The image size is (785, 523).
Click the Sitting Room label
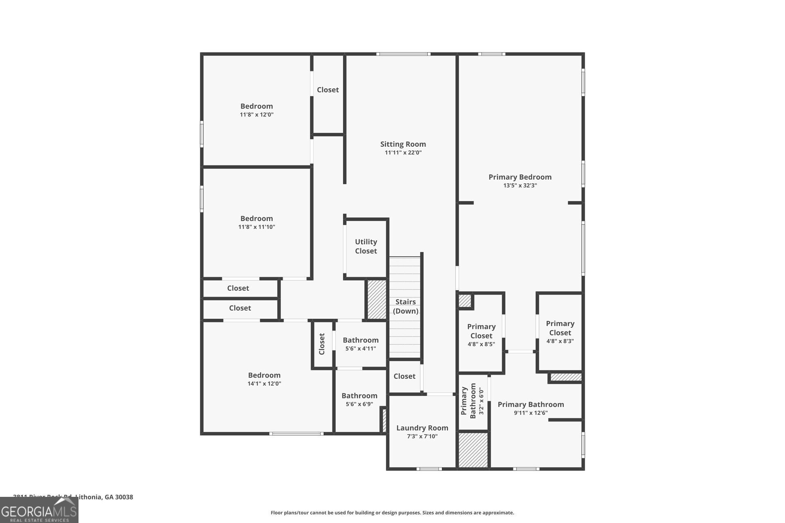(x=403, y=144)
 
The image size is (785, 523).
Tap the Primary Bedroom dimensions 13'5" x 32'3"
(x=520, y=186)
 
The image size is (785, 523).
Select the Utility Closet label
(x=366, y=246)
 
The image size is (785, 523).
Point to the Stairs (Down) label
(x=405, y=306)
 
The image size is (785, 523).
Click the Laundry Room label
(x=422, y=428)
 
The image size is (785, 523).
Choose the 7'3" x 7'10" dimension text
(x=422, y=436)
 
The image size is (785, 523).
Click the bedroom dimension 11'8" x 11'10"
(x=256, y=227)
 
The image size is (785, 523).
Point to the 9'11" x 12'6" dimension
(x=530, y=413)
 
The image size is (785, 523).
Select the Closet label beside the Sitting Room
(x=327, y=90)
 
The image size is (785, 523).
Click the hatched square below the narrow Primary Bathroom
(x=473, y=450)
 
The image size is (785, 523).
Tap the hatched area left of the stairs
(x=377, y=299)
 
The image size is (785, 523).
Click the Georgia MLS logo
(x=39, y=510)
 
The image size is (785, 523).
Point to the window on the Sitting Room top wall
(x=403, y=54)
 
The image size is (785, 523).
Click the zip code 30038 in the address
(x=124, y=497)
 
